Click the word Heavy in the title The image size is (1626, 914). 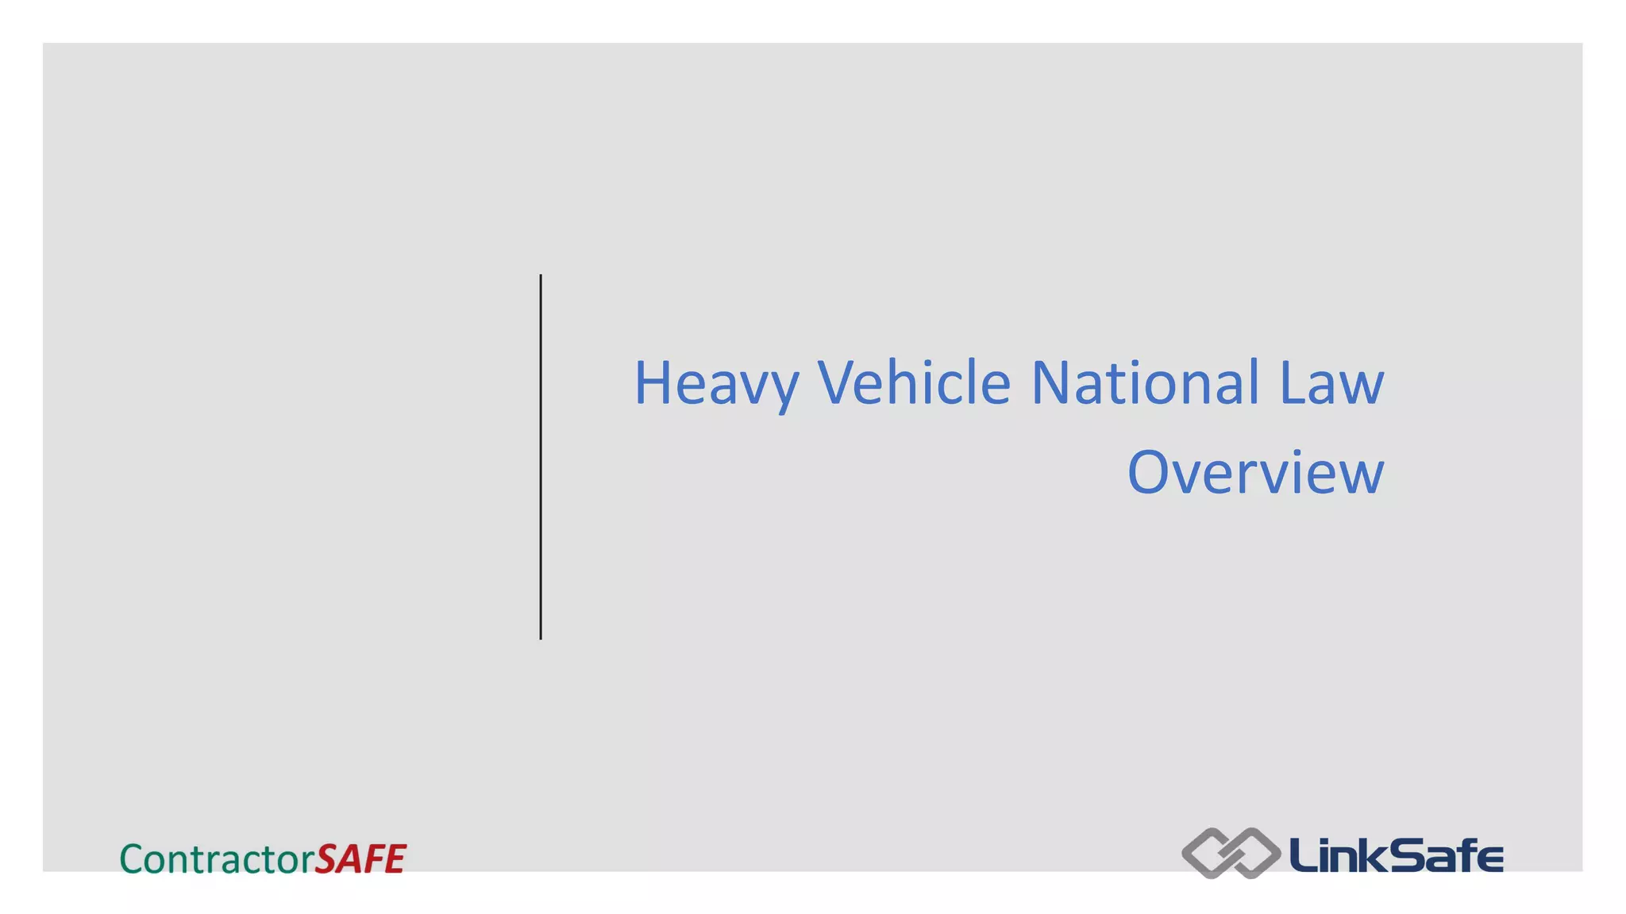click(715, 384)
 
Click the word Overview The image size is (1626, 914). click(1255, 473)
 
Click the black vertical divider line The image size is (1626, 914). click(541, 456)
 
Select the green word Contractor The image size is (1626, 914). click(217, 859)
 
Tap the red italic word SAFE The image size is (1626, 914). click(360, 859)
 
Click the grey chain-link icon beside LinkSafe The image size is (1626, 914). click(1231, 854)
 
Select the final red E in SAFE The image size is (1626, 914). click(394, 859)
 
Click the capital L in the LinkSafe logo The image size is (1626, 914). click(1302, 854)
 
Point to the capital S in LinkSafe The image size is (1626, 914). click(1398, 854)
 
